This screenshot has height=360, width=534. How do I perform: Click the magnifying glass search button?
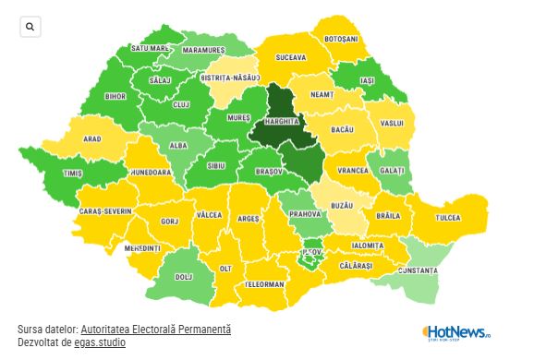click(x=30, y=28)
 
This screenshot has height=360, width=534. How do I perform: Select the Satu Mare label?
click(x=150, y=48)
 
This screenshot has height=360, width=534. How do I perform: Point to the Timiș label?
click(x=73, y=173)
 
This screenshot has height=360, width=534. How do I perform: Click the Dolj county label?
click(x=184, y=276)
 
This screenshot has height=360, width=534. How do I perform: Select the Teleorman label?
click(x=265, y=284)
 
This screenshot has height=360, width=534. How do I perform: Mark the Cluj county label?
click(x=182, y=104)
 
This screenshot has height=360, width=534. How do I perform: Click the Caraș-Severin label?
click(x=104, y=211)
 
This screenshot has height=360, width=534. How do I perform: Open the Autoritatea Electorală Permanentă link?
click(x=155, y=330)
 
